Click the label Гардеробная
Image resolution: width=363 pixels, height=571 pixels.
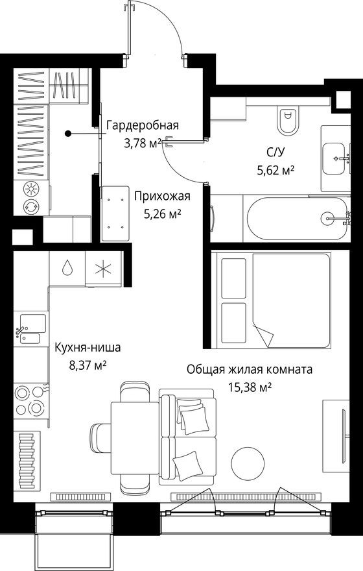point(142,126)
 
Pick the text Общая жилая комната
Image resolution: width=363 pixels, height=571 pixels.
point(250,370)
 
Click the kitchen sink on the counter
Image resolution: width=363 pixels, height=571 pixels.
point(30,328)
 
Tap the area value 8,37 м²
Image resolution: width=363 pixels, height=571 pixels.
point(88,365)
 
